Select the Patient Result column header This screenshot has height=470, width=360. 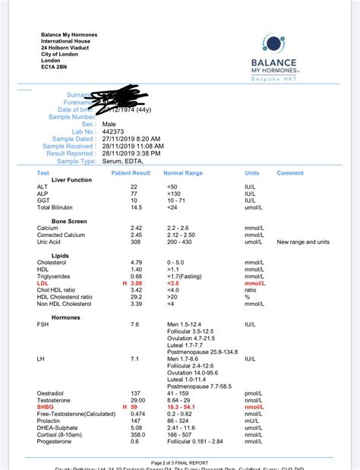tap(131, 173)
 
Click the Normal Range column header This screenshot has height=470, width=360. tap(184, 173)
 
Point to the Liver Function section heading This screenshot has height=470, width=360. tap(71, 180)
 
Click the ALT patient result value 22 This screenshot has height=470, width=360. tap(134, 186)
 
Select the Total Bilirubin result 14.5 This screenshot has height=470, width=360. tap(136, 207)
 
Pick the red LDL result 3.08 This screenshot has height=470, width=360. tap(137, 282)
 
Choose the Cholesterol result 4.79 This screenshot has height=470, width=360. tap(137, 262)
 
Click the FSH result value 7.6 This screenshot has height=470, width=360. tap(134, 324)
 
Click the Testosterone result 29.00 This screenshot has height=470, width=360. tap(137, 401)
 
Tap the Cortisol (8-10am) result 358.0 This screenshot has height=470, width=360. tap(137, 435)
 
